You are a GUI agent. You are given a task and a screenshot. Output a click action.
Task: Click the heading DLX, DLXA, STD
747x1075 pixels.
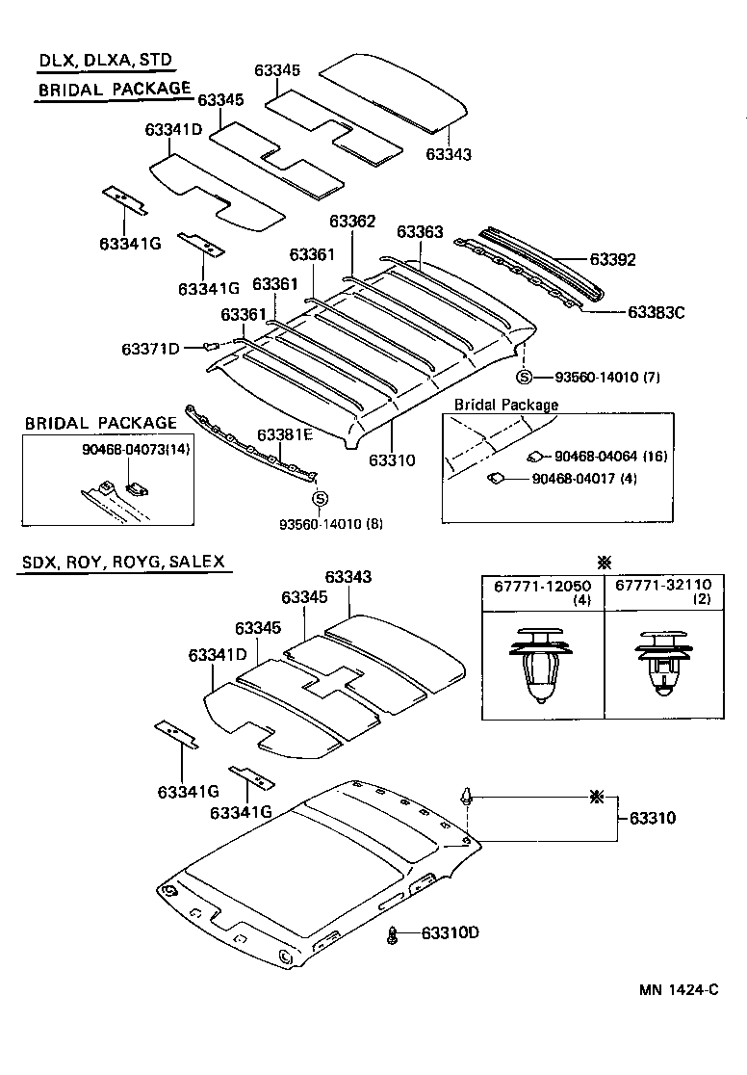click(x=105, y=60)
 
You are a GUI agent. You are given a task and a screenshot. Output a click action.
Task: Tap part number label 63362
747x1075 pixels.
click(x=352, y=222)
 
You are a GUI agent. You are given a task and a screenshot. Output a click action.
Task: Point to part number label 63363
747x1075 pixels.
click(x=420, y=232)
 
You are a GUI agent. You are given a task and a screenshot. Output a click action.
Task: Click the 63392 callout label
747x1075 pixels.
click(x=612, y=260)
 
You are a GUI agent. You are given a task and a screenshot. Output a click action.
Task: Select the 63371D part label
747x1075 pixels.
click(x=150, y=348)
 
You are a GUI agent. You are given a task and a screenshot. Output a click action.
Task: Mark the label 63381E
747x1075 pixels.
click(x=285, y=434)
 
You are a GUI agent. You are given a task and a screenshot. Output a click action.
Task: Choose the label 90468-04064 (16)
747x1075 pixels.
click(x=610, y=456)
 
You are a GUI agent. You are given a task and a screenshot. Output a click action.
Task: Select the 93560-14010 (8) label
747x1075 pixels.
click(x=330, y=524)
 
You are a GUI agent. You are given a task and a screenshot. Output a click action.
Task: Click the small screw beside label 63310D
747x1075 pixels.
click(x=393, y=933)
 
